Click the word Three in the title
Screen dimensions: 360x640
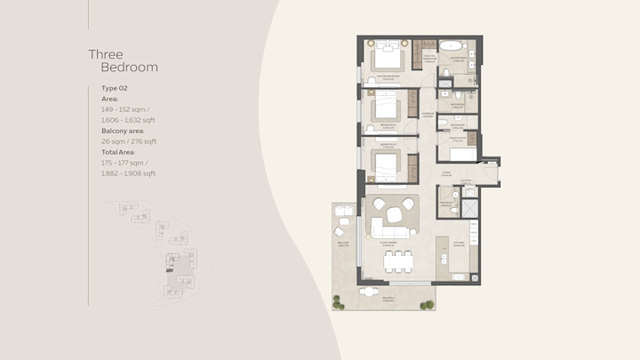click(x=105, y=55)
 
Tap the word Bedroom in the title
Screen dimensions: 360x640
click(x=129, y=68)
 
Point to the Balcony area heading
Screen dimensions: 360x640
click(x=123, y=131)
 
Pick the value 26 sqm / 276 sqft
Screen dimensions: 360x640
click(x=128, y=141)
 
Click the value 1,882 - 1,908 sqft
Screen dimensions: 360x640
click(x=128, y=173)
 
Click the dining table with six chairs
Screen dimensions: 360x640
click(x=398, y=260)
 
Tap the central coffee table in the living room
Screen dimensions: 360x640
click(x=393, y=215)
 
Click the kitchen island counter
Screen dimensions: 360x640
click(x=443, y=258)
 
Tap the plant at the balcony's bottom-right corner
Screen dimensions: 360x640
click(x=428, y=305)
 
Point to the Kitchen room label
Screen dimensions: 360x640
click(x=460, y=243)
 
